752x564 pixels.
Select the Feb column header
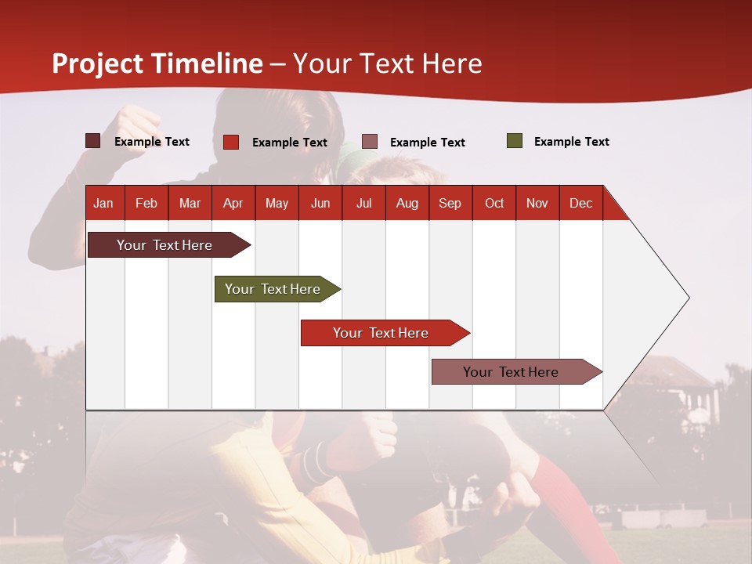[146, 203]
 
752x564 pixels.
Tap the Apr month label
[233, 203]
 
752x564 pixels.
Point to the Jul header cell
[364, 203]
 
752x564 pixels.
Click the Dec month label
[581, 203]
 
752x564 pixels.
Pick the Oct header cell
[494, 203]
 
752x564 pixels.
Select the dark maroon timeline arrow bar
[169, 244]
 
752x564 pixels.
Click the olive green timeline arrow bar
[277, 289]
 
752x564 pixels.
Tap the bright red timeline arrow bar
[385, 333]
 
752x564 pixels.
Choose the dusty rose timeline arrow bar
[517, 371]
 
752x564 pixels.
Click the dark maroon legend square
[92, 141]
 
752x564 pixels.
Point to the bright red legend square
[231, 142]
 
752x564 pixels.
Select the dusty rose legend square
[369, 142]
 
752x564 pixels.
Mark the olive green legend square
[515, 140]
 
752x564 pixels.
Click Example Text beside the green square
[572, 142]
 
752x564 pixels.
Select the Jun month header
[320, 203]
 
